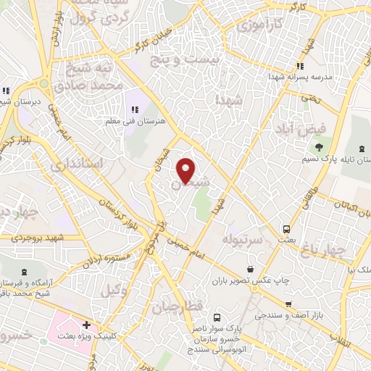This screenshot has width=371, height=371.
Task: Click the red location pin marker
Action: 186,170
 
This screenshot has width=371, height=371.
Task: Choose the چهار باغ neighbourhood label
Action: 343,251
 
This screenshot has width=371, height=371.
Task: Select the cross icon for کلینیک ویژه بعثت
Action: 86,325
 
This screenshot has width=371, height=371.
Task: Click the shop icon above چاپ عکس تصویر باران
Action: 250,270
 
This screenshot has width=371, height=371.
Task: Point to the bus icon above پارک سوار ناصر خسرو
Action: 216,317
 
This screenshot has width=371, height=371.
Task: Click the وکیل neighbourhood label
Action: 110,291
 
